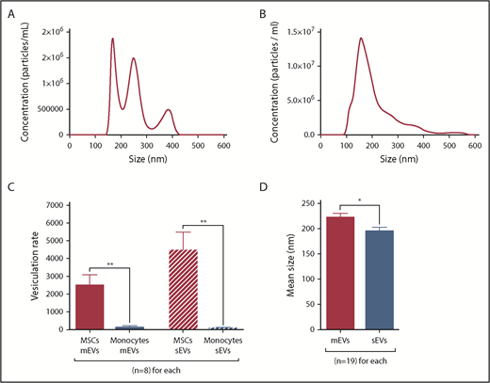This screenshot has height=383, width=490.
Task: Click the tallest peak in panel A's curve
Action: click(x=113, y=39)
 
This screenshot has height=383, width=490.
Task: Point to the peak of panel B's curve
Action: click(x=360, y=39)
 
